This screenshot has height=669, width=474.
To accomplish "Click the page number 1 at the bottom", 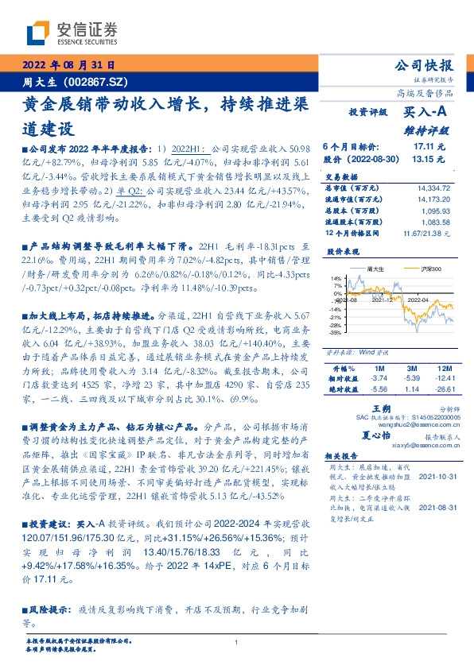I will tap(237, 642).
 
